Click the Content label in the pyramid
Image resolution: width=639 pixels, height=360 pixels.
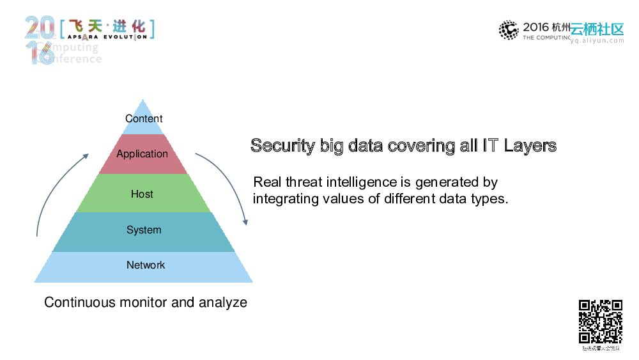pos(144,118)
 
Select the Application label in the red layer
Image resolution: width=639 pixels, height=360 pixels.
pos(142,154)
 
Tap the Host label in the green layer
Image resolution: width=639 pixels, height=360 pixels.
pos(142,194)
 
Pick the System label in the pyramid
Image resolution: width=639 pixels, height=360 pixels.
pos(144,230)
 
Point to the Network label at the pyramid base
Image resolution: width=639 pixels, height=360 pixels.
pos(146,265)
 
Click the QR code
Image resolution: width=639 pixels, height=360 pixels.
pos(601,322)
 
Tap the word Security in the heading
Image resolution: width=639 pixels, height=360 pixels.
pos(281,146)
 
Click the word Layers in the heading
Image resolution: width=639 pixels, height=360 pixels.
pos(530,146)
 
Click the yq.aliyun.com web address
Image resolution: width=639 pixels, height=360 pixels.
pos(597,40)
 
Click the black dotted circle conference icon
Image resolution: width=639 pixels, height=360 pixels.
pos(509,30)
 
